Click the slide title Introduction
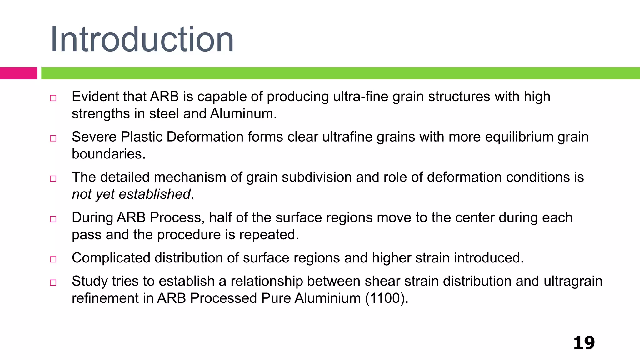tap(142, 40)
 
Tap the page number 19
tap(584, 343)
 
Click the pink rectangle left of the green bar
tap(18, 73)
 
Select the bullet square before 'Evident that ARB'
tap(53, 98)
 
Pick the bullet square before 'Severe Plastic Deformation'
tap(53, 138)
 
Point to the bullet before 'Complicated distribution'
tap(53, 259)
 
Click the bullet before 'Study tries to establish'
tap(53, 283)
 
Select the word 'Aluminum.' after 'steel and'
tap(243, 114)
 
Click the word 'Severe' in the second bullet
tap(94, 137)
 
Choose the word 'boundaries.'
tap(108, 154)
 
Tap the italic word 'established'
tap(155, 194)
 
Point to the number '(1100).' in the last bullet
tap(387, 298)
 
